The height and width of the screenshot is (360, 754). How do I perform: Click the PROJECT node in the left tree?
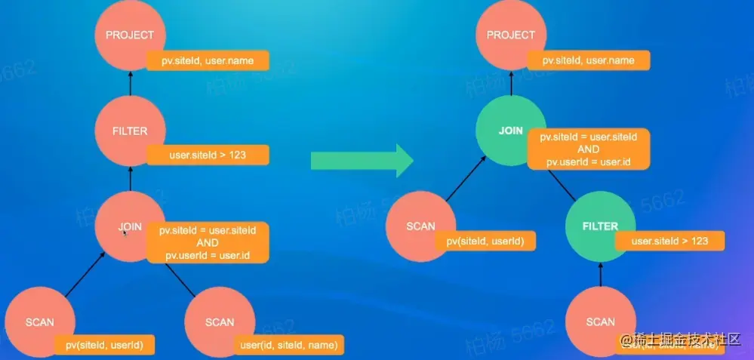(129, 35)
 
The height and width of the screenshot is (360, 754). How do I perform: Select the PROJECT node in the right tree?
(510, 35)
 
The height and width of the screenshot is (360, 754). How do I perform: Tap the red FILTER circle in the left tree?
(129, 131)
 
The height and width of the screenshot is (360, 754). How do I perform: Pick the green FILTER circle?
(600, 226)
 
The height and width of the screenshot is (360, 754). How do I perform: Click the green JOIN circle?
(510, 131)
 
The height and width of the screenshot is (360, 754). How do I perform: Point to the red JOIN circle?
(129, 226)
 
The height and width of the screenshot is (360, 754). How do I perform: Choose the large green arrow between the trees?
(361, 159)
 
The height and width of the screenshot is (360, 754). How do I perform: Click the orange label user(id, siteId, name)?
(288, 346)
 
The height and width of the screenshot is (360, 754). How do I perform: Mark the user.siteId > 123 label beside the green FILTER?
(669, 242)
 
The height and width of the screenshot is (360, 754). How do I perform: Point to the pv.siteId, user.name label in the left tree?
(207, 60)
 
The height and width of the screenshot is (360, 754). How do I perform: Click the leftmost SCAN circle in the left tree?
(39, 322)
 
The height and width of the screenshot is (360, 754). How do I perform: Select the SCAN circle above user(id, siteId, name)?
(219, 322)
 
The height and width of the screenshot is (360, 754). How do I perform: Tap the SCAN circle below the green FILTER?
(600, 322)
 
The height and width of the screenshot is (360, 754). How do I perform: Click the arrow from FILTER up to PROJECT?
(130, 84)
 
